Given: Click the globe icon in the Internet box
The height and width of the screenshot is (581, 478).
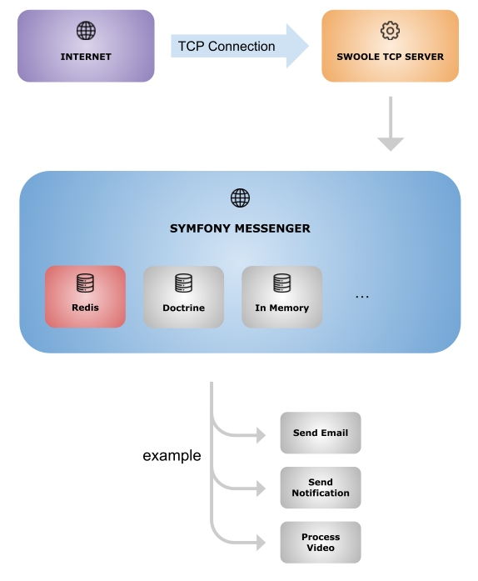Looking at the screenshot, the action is click(86, 30).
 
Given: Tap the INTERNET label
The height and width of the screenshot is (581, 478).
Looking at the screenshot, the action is click(86, 57).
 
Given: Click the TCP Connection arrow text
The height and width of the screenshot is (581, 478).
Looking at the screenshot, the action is click(227, 47).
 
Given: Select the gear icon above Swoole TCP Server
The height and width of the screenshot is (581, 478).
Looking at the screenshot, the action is click(391, 30).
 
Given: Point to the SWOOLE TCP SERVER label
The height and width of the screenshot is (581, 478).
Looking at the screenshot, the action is click(391, 57).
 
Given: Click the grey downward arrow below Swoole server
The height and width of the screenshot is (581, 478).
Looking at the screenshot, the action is click(391, 123).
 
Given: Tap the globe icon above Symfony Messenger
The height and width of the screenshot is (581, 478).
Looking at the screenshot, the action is click(241, 198).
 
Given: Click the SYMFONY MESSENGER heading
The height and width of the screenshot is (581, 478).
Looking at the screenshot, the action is click(240, 228).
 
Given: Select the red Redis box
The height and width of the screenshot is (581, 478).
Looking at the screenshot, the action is click(85, 297).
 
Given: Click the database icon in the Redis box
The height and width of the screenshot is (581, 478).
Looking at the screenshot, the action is click(85, 283).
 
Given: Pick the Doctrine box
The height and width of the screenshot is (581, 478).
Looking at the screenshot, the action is click(184, 297).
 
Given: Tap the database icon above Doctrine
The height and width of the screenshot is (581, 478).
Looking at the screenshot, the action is click(184, 283).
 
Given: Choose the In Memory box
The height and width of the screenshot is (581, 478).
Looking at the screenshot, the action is click(281, 297).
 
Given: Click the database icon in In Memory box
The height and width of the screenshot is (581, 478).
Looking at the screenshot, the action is click(282, 283).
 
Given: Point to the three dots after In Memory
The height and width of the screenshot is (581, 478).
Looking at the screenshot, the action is click(362, 297).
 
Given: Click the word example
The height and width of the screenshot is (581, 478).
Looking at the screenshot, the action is click(172, 455).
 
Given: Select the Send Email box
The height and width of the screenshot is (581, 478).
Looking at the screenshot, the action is click(321, 433).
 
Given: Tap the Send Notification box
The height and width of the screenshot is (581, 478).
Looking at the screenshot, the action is click(321, 488).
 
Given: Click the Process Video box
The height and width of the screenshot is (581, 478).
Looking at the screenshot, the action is click(321, 543).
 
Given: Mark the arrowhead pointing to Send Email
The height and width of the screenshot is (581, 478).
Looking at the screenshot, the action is click(261, 435).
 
